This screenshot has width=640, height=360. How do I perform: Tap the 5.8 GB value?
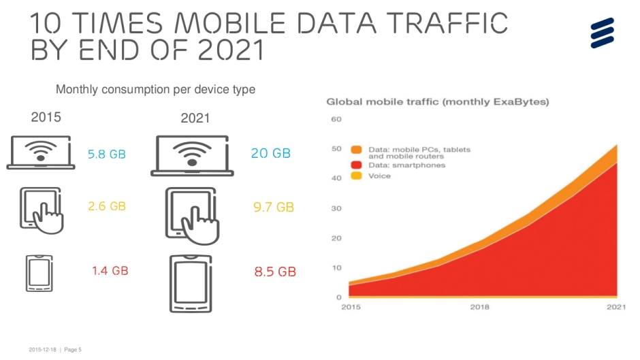pos(107,154)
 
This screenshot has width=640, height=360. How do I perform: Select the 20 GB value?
pos(271,154)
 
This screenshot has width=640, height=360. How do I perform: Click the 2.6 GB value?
pos(107,206)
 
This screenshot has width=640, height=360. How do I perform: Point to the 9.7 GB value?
pos(274,207)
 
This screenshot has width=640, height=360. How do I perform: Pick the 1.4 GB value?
pos(110,271)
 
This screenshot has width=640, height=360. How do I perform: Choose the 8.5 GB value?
pos(275,272)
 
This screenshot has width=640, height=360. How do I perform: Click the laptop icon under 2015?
pos(42,152)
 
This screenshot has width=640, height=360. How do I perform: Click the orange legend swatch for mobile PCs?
pos(356,149)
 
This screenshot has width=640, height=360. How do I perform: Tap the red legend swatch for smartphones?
pos(356,165)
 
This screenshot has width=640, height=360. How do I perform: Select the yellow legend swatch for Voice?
pos(356,176)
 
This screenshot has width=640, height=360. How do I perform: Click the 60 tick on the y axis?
pos(336,120)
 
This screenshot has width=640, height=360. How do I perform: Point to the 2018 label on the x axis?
pos(479,307)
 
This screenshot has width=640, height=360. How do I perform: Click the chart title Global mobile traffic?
pos(438,102)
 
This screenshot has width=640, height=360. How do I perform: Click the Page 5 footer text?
pos(72,350)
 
